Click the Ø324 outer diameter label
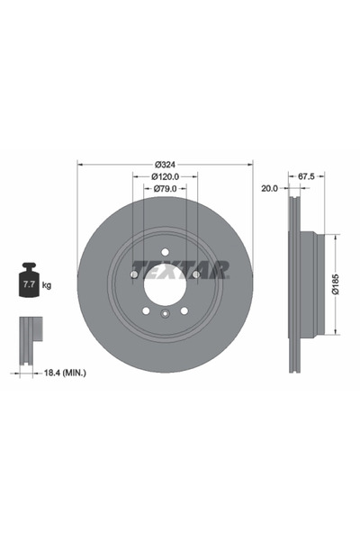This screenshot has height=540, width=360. [x=164, y=164]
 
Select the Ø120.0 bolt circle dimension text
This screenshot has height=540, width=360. [x=164, y=176]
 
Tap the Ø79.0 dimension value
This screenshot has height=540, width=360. [x=164, y=189]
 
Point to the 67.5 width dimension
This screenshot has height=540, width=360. [x=306, y=176]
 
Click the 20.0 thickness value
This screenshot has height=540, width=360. [x=268, y=189]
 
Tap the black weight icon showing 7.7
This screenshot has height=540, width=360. [x=27, y=283]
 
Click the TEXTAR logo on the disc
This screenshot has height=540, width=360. [x=180, y=269]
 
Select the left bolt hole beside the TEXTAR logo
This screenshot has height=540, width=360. [x=133, y=271]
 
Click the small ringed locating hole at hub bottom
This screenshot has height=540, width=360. [x=164, y=314]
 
